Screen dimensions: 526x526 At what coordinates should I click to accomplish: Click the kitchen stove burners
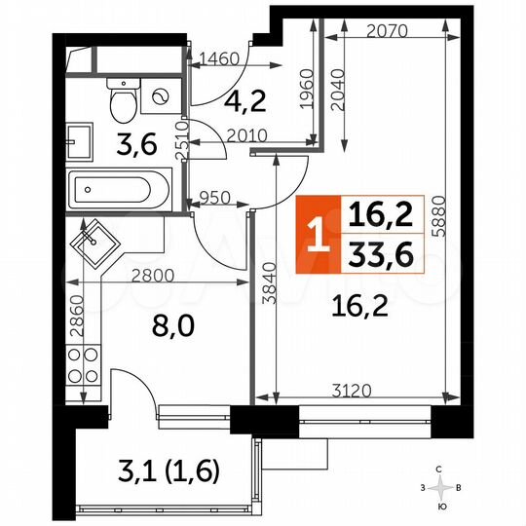[82, 363]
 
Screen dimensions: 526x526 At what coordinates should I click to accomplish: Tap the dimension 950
[214, 199]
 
